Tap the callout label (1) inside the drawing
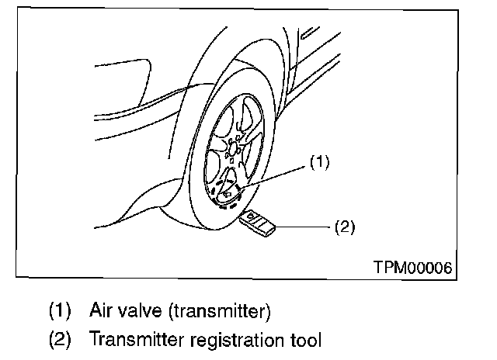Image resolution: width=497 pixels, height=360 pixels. coord(320,162)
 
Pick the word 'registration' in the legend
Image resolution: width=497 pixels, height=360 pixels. coord(230,339)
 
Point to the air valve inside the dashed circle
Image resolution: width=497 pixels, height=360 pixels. coord(230,190)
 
